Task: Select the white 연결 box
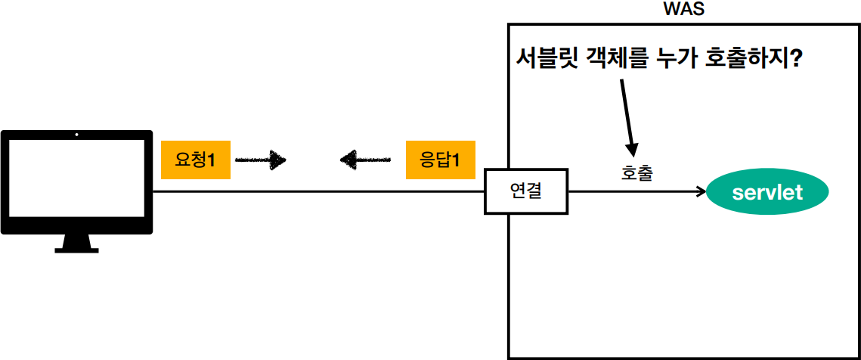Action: [525, 191]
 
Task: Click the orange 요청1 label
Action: [196, 160]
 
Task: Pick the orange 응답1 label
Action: [440, 160]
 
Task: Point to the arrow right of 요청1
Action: [261, 160]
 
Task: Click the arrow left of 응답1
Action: [365, 160]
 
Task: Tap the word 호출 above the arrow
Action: [636, 172]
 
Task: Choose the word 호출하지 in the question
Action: [747, 58]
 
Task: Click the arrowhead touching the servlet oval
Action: [699, 192]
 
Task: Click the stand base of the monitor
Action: [76, 248]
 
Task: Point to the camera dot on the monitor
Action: [76, 137]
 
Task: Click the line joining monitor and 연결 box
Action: [317, 191]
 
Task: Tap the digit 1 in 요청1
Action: [212, 160]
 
